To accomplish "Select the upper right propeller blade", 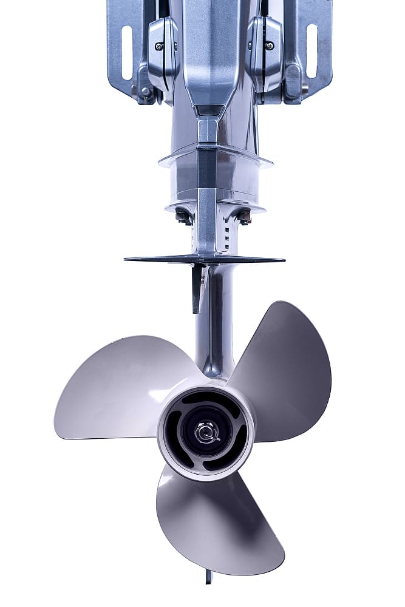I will (285, 364).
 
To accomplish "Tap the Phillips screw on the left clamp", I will (159, 46).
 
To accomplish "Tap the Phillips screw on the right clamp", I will (269, 46).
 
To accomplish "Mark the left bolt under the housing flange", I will (182, 215).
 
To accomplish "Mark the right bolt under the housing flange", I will (244, 215).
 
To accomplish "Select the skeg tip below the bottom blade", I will (209, 577).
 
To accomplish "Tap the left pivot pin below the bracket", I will (145, 91).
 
